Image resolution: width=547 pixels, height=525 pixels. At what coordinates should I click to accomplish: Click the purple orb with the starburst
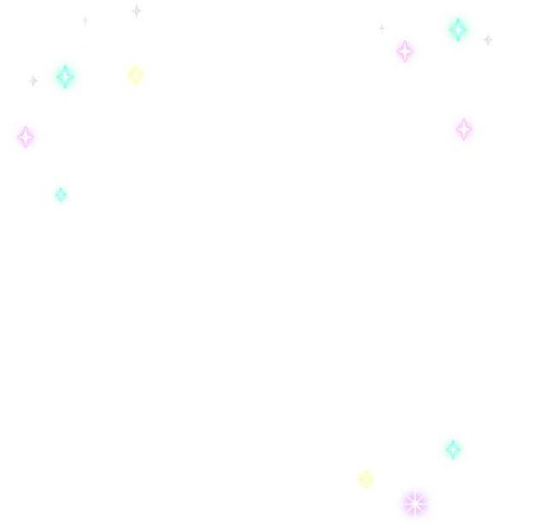pos(414,502)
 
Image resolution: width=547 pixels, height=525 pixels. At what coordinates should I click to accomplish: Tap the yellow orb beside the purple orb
pos(366,479)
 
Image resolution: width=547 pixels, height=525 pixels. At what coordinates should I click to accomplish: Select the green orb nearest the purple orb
pos(452,449)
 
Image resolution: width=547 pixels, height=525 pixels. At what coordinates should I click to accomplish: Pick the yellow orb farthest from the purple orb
pos(134,75)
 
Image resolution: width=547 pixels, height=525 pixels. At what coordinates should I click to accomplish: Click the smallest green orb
pos(60,195)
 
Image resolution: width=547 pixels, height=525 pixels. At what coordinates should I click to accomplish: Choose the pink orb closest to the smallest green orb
pos(26,137)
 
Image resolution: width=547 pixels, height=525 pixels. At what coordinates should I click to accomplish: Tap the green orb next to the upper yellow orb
pos(64,77)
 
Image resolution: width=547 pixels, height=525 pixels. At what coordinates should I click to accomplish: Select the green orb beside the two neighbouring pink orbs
pos(457,30)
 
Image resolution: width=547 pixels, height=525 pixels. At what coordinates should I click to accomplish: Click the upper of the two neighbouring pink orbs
pos(405,51)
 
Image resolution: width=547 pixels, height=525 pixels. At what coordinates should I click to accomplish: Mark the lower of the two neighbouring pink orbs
pos(463,129)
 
